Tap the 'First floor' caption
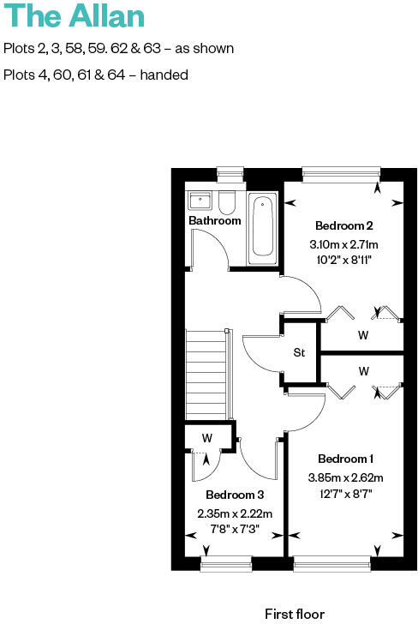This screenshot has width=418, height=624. (295, 614)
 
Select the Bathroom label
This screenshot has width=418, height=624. (214, 220)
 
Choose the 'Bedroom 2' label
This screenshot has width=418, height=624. (343, 226)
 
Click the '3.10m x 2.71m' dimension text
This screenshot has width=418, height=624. (343, 244)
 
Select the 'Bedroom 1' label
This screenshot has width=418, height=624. (345, 459)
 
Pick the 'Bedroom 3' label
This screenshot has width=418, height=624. (234, 495)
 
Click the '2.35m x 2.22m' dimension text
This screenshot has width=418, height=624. (234, 513)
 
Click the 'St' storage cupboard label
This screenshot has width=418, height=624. (299, 352)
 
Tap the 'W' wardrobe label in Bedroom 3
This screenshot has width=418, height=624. (206, 437)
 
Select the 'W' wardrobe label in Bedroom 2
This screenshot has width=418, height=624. (363, 335)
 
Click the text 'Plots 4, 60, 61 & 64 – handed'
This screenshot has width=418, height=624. (96, 75)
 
